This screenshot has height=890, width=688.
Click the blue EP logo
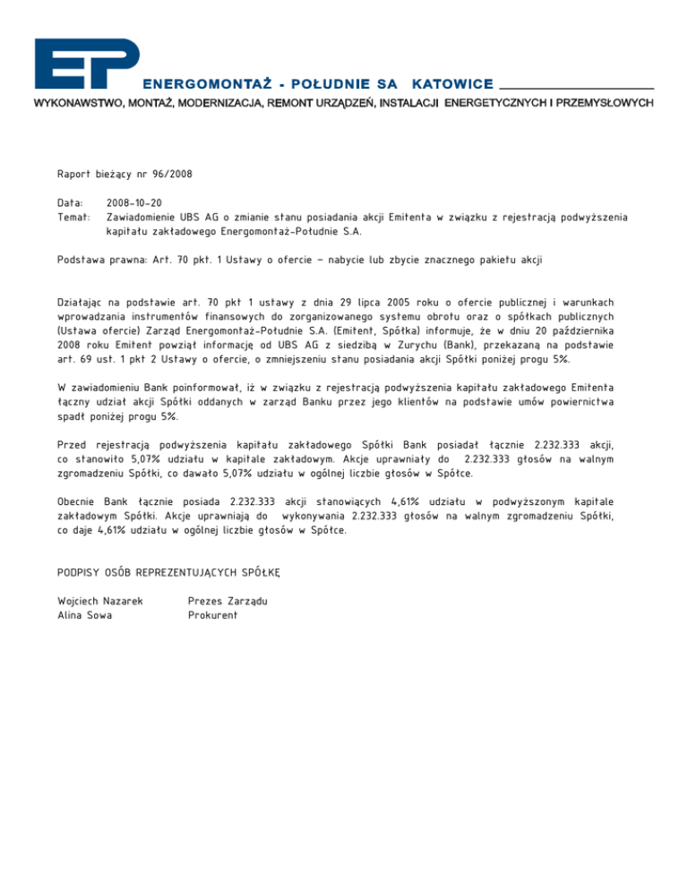[x=86, y=64]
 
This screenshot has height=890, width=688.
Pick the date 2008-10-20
[x=134, y=203]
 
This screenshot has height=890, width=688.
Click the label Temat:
[x=73, y=217]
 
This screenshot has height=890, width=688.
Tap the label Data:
[x=71, y=203]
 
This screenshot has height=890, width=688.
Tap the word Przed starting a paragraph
[x=73, y=444]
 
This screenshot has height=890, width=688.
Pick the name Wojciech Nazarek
[x=100, y=601]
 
